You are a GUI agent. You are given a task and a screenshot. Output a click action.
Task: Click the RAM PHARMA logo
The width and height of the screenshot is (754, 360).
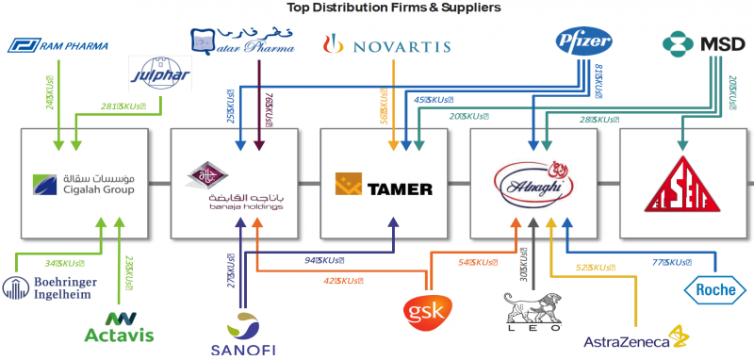57,44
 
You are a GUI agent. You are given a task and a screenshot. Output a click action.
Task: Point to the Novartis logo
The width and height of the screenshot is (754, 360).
385,44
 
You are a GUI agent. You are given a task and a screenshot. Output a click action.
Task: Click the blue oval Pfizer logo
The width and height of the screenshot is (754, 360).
584,42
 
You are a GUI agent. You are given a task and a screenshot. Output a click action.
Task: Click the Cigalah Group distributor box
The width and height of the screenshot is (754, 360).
83,182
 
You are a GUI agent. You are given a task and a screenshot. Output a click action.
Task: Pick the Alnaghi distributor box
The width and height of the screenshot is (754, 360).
534,182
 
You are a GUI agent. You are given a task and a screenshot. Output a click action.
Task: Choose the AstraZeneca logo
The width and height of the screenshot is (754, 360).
637,340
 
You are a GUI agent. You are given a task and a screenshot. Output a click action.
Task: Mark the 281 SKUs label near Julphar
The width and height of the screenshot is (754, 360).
123,106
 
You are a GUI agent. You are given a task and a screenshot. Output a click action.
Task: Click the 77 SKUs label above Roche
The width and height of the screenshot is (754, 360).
673,262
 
